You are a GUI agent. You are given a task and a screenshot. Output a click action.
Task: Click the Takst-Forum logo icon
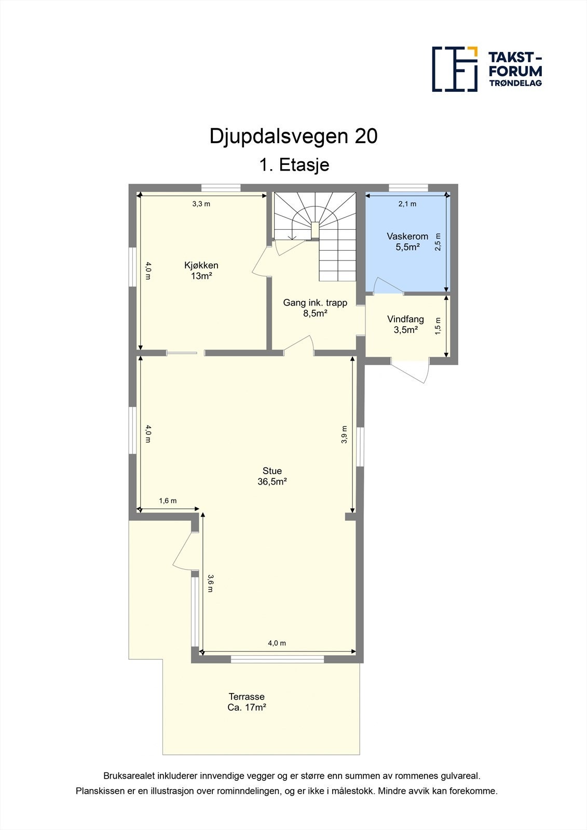pyautogui.click(x=455, y=69)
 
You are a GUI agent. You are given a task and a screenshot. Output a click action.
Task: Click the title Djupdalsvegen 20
pyautogui.click(x=293, y=136)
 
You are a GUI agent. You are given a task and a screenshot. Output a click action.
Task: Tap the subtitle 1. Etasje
pyautogui.click(x=294, y=165)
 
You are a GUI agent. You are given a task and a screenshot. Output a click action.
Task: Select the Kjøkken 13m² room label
pyautogui.click(x=201, y=271)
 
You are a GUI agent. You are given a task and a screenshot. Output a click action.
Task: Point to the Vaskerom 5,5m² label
pyautogui.click(x=407, y=242)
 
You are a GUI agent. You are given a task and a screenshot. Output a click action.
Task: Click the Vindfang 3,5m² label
pyautogui.click(x=405, y=324)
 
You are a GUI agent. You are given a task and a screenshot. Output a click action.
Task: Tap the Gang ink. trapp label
pyautogui.click(x=315, y=308)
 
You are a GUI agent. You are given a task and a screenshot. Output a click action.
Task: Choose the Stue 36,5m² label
pyautogui.click(x=272, y=476)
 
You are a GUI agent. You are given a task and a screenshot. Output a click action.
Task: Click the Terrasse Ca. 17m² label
pyautogui.click(x=247, y=702)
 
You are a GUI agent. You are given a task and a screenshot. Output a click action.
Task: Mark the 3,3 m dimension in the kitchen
pyautogui.click(x=201, y=204)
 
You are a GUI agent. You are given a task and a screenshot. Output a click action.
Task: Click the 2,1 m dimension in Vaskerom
pyautogui.click(x=407, y=204)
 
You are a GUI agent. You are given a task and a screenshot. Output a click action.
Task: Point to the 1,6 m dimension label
pyautogui.click(x=168, y=501)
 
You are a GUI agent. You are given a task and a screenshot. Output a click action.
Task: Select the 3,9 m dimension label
pyautogui.click(x=344, y=435)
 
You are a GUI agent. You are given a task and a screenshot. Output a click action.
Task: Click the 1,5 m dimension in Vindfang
pyautogui.click(x=438, y=326)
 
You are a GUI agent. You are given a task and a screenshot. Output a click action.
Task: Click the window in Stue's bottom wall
pyautogui.click(x=277, y=659)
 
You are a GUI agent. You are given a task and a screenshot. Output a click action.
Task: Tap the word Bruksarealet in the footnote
pyautogui.click(x=128, y=776)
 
